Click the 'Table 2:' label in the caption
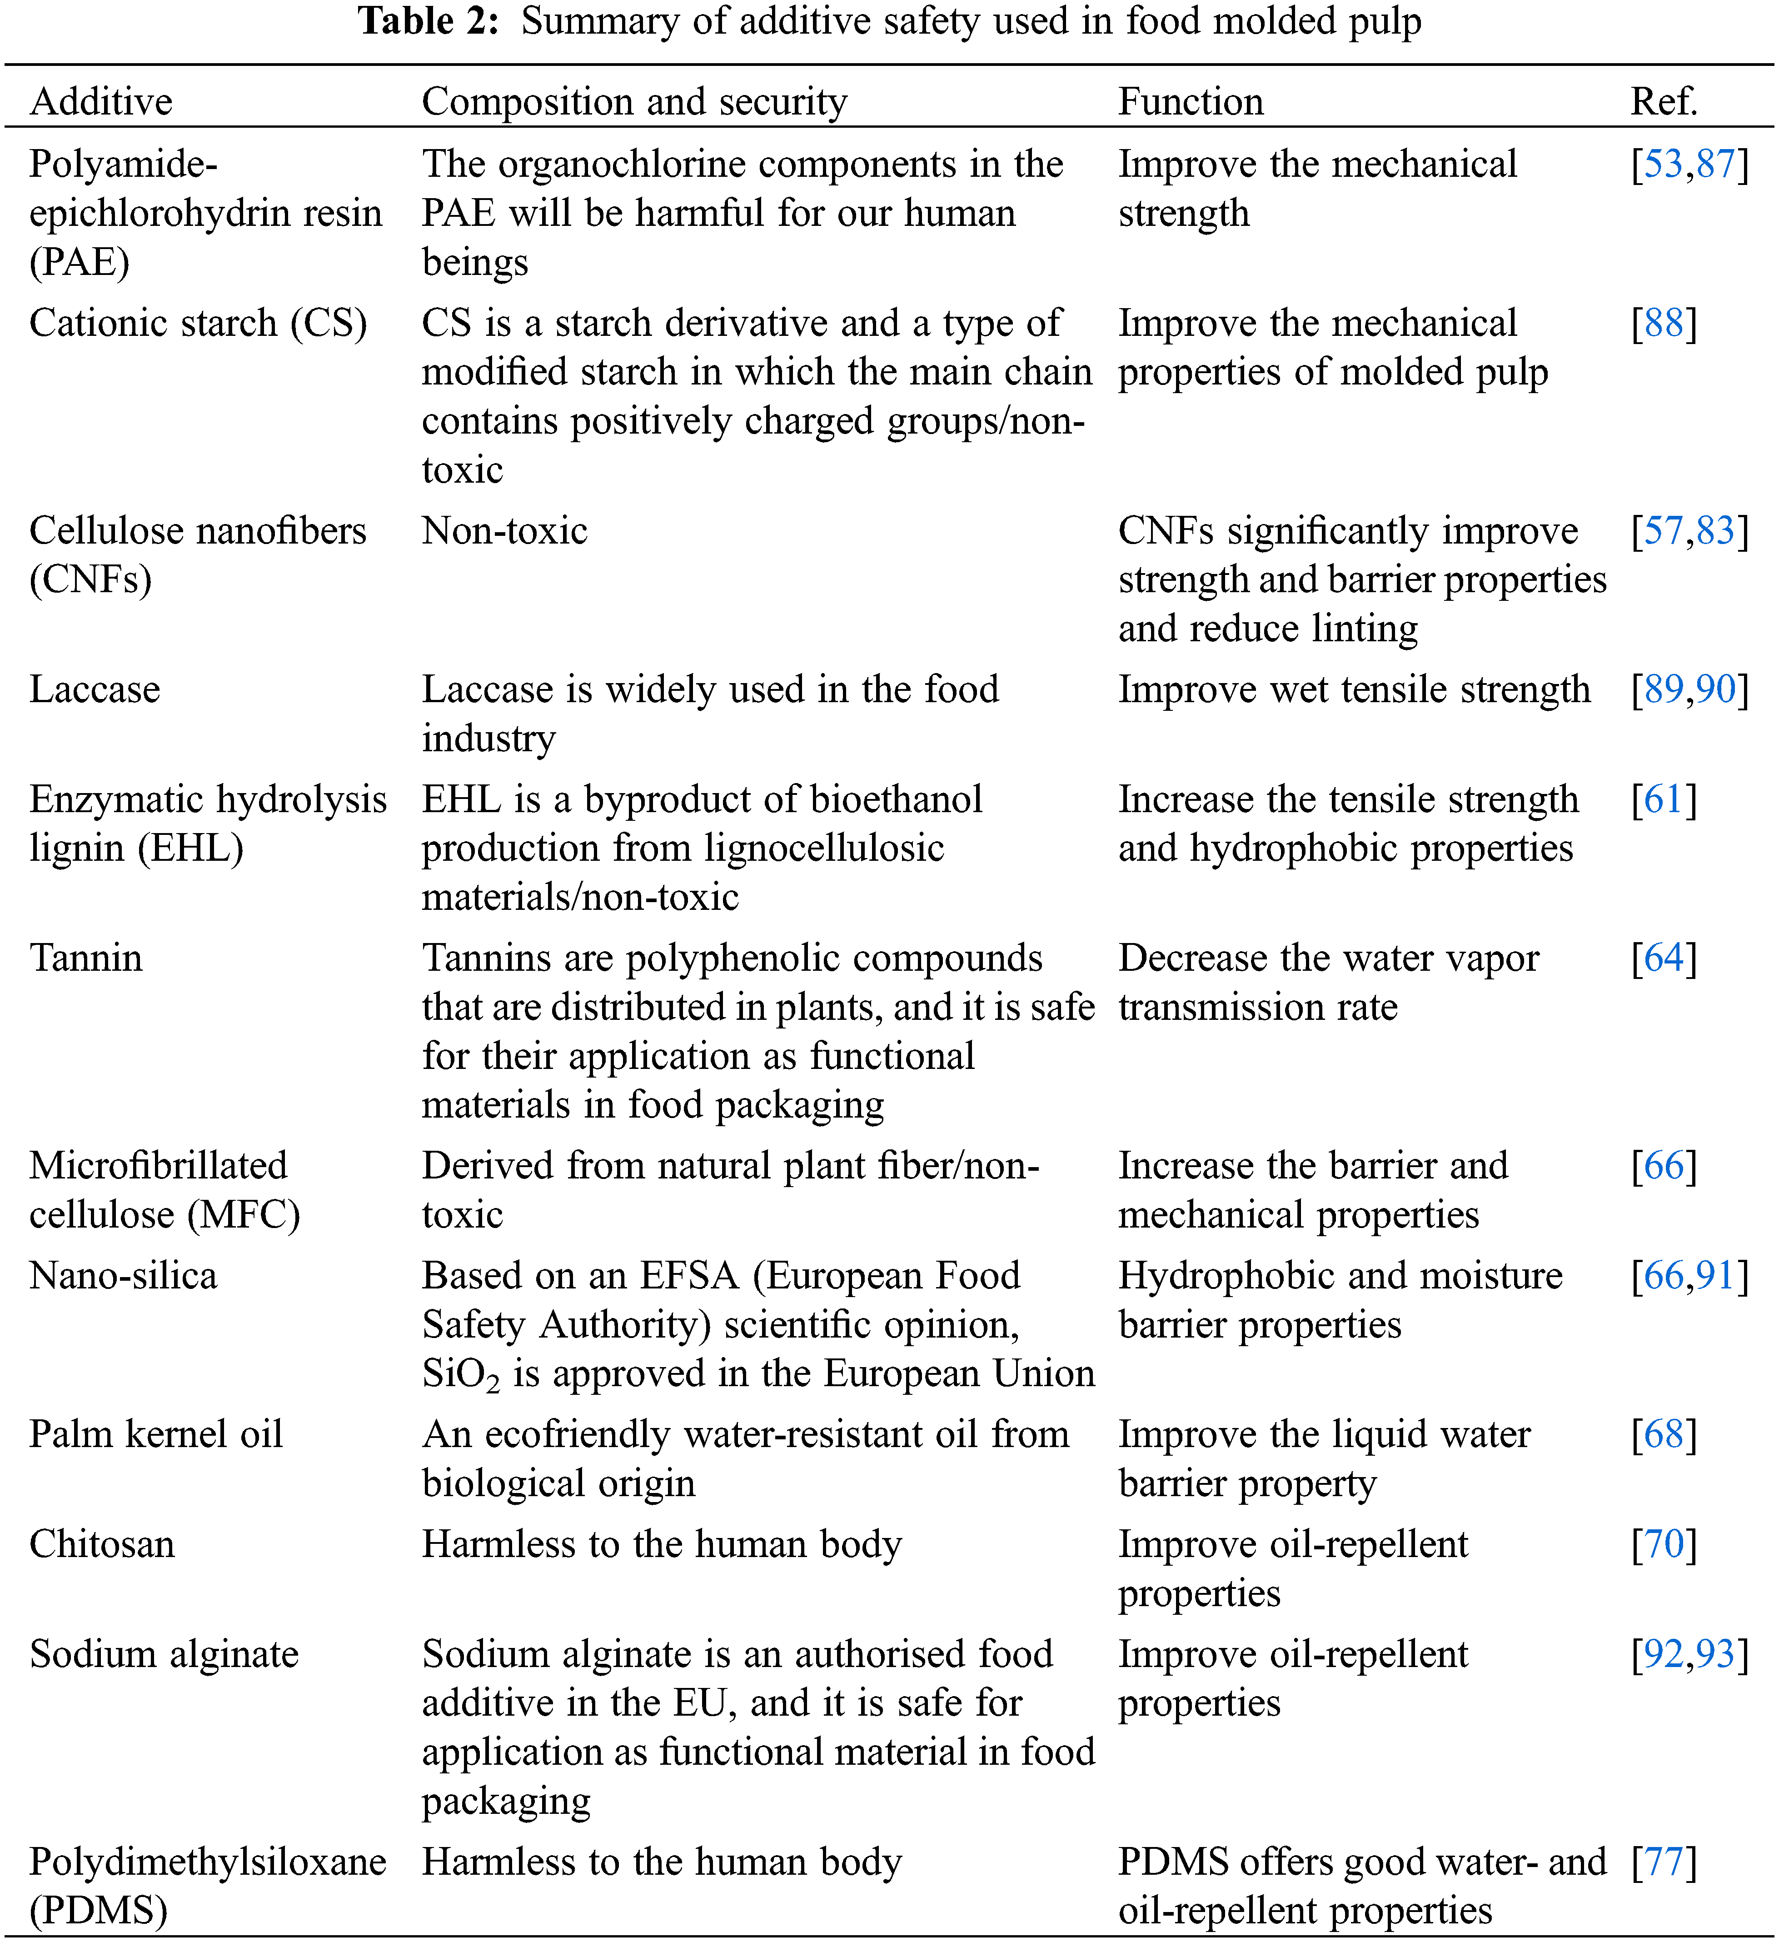point(429,21)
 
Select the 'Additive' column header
point(101,101)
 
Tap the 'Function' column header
point(1191,101)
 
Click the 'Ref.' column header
point(1664,101)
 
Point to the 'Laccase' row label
point(95,690)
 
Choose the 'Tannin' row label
point(86,959)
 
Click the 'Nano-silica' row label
point(123,1275)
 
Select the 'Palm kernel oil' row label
point(156,1434)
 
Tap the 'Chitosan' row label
point(102,1544)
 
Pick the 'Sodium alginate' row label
point(164,1654)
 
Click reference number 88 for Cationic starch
point(1664,324)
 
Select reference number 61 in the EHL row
point(1664,799)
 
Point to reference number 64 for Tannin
point(1664,959)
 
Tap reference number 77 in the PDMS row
point(1664,1862)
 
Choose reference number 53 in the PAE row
point(1664,165)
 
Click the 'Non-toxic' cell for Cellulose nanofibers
point(505,531)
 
